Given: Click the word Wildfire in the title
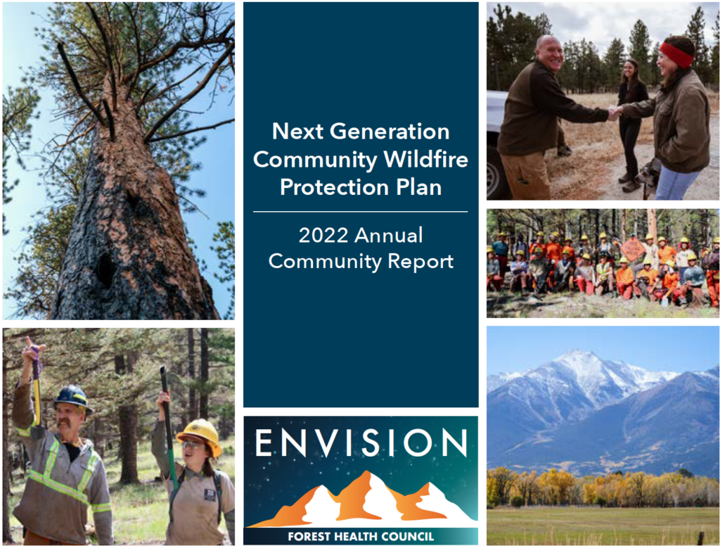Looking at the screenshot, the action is point(425,160).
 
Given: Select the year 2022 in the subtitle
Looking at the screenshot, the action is point(323,235).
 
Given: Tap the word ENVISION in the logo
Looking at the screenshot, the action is point(361,443).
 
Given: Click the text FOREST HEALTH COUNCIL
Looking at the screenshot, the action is point(361,536).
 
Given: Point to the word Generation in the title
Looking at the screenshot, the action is point(390,132).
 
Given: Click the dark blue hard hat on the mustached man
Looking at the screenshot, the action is point(72,398).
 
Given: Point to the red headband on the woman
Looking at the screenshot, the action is point(676,53).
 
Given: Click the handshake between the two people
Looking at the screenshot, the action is point(615,112).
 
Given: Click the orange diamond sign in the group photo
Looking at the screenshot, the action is point(633,250).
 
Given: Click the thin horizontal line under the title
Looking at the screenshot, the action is point(361,212).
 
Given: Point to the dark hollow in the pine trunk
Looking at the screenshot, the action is point(105,271).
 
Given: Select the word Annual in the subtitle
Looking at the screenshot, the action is point(388,235).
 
